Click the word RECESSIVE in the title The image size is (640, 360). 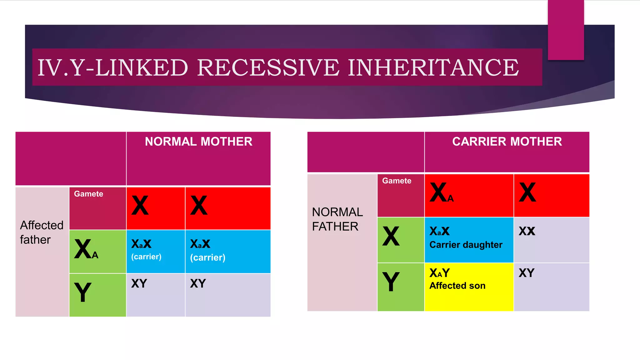click(268, 68)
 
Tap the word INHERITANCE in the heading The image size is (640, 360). click(433, 68)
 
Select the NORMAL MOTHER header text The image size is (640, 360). click(198, 142)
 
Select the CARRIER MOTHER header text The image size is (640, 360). click(507, 142)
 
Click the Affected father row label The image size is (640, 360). click(41, 232)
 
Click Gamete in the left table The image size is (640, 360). click(88, 194)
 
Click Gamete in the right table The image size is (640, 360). click(397, 181)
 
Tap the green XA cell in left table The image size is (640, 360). click(97, 251)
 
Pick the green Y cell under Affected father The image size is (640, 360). click(97, 294)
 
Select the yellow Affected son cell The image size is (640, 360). click(468, 286)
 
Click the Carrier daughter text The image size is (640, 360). click(466, 245)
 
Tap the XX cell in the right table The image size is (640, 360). click(551, 240)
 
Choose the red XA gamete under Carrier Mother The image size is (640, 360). click(468, 195)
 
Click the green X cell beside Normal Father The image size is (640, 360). click(400, 240)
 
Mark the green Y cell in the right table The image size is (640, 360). click(400, 286)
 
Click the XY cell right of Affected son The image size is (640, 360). click(551, 286)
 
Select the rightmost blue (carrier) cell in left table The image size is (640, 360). click(227, 251)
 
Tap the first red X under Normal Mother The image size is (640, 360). click(155, 208)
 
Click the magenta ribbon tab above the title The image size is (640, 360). click(566, 30)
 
